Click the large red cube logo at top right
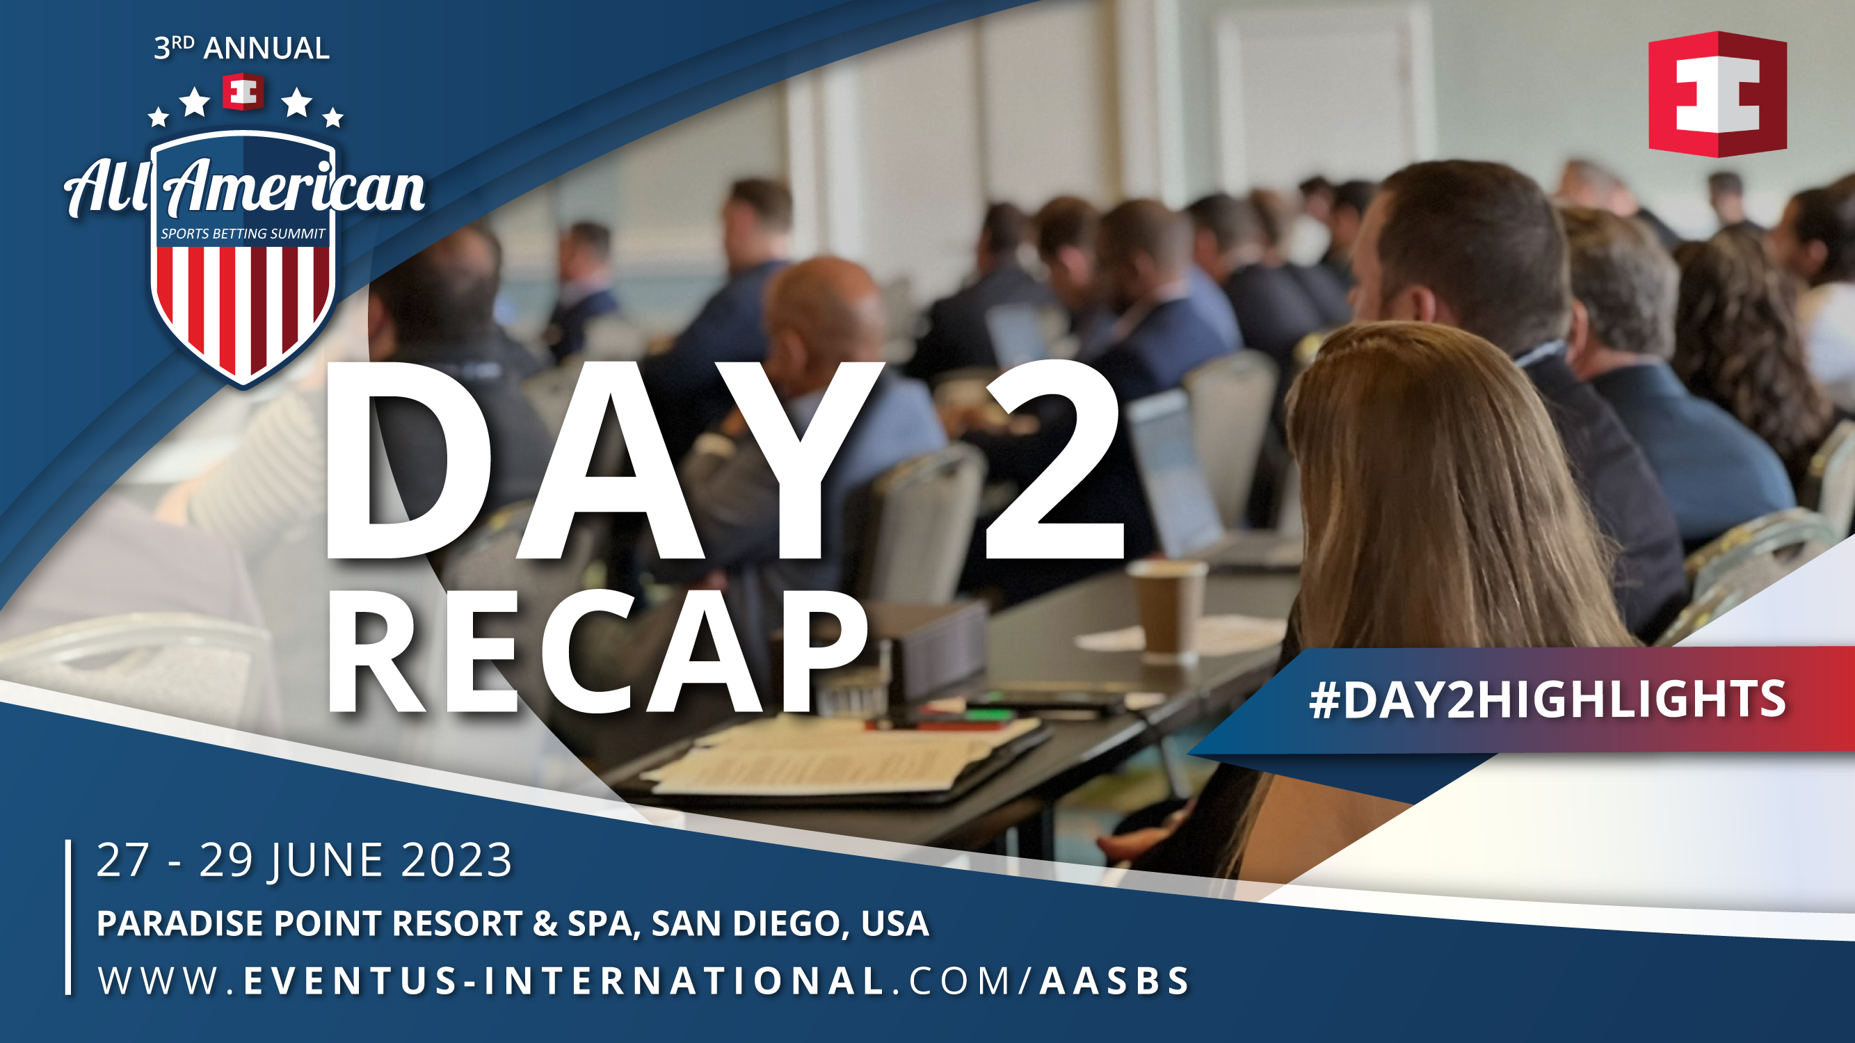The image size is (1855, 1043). pos(1717,94)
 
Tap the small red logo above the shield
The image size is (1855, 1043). pos(243,91)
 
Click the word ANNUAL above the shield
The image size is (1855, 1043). pos(266,49)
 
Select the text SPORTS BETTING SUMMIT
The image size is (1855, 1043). pos(243,234)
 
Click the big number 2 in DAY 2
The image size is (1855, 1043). pos(1053,461)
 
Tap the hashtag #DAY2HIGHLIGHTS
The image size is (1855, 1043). pos(1547,700)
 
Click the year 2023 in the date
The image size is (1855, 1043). pos(456,860)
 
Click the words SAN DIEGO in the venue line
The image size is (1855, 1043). pos(746,923)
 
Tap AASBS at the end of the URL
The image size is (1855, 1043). pos(1114,980)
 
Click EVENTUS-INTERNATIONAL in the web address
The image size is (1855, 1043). pos(564,980)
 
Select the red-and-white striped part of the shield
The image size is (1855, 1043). pos(243,306)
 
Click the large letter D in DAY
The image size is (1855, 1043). pos(407,461)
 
